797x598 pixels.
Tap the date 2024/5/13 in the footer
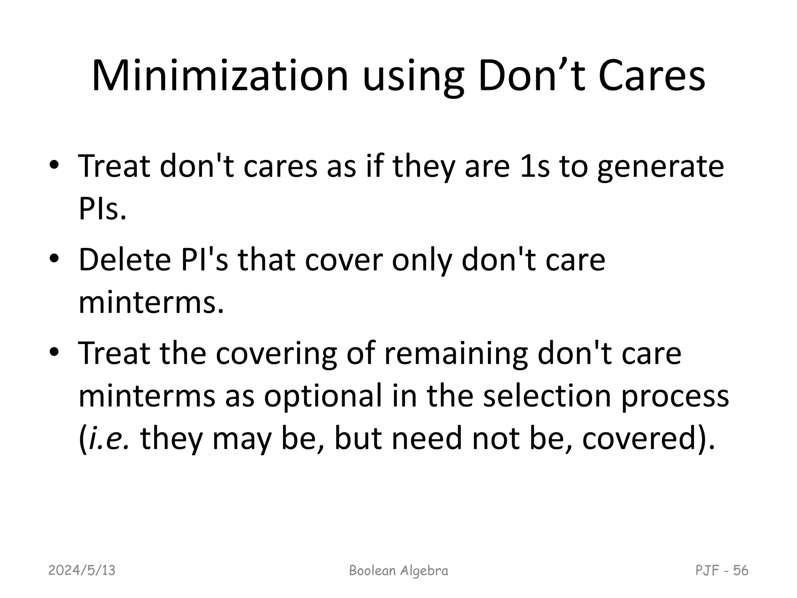click(82, 571)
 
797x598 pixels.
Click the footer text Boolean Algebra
click(398, 571)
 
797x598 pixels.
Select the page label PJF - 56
click(722, 571)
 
